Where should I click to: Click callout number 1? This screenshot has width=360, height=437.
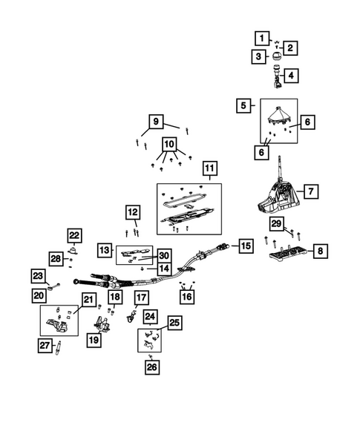(261, 36)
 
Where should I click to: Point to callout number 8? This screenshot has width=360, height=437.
(319, 253)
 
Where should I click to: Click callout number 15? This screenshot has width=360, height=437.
(245, 245)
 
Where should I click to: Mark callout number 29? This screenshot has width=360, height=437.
(275, 223)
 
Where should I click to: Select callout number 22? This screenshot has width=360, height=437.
(74, 236)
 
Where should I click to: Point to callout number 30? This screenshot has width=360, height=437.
(164, 254)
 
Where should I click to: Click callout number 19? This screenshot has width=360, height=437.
(94, 340)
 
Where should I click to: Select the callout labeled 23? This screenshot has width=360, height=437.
(38, 275)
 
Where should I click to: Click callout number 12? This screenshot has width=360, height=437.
(133, 213)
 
